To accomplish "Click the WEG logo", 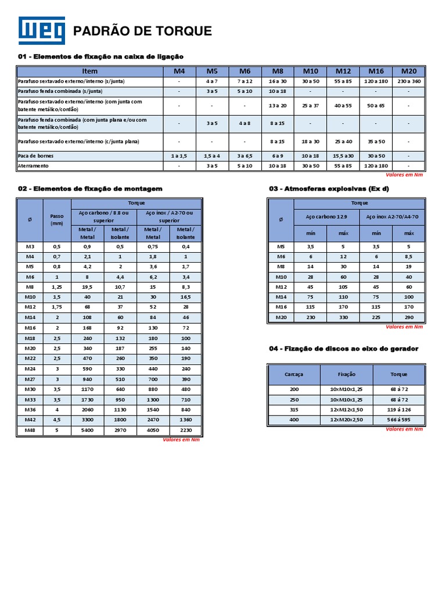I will [x=42, y=31].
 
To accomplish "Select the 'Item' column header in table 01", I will [x=90, y=71].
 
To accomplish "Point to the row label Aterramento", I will [x=33, y=166].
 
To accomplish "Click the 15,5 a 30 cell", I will [x=343, y=156].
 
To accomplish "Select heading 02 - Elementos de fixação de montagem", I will [x=90, y=189].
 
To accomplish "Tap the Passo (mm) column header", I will [x=56, y=219].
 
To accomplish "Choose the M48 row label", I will [x=30, y=431].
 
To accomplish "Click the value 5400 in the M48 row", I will [x=87, y=431].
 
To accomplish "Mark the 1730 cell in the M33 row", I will [x=87, y=400].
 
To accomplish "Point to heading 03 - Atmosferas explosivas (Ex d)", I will [x=329, y=189].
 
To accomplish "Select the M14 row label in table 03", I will [x=281, y=296].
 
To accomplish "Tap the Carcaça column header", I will [x=294, y=374].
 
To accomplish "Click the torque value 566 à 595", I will [x=398, y=420].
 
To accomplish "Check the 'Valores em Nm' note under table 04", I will [x=404, y=429].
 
